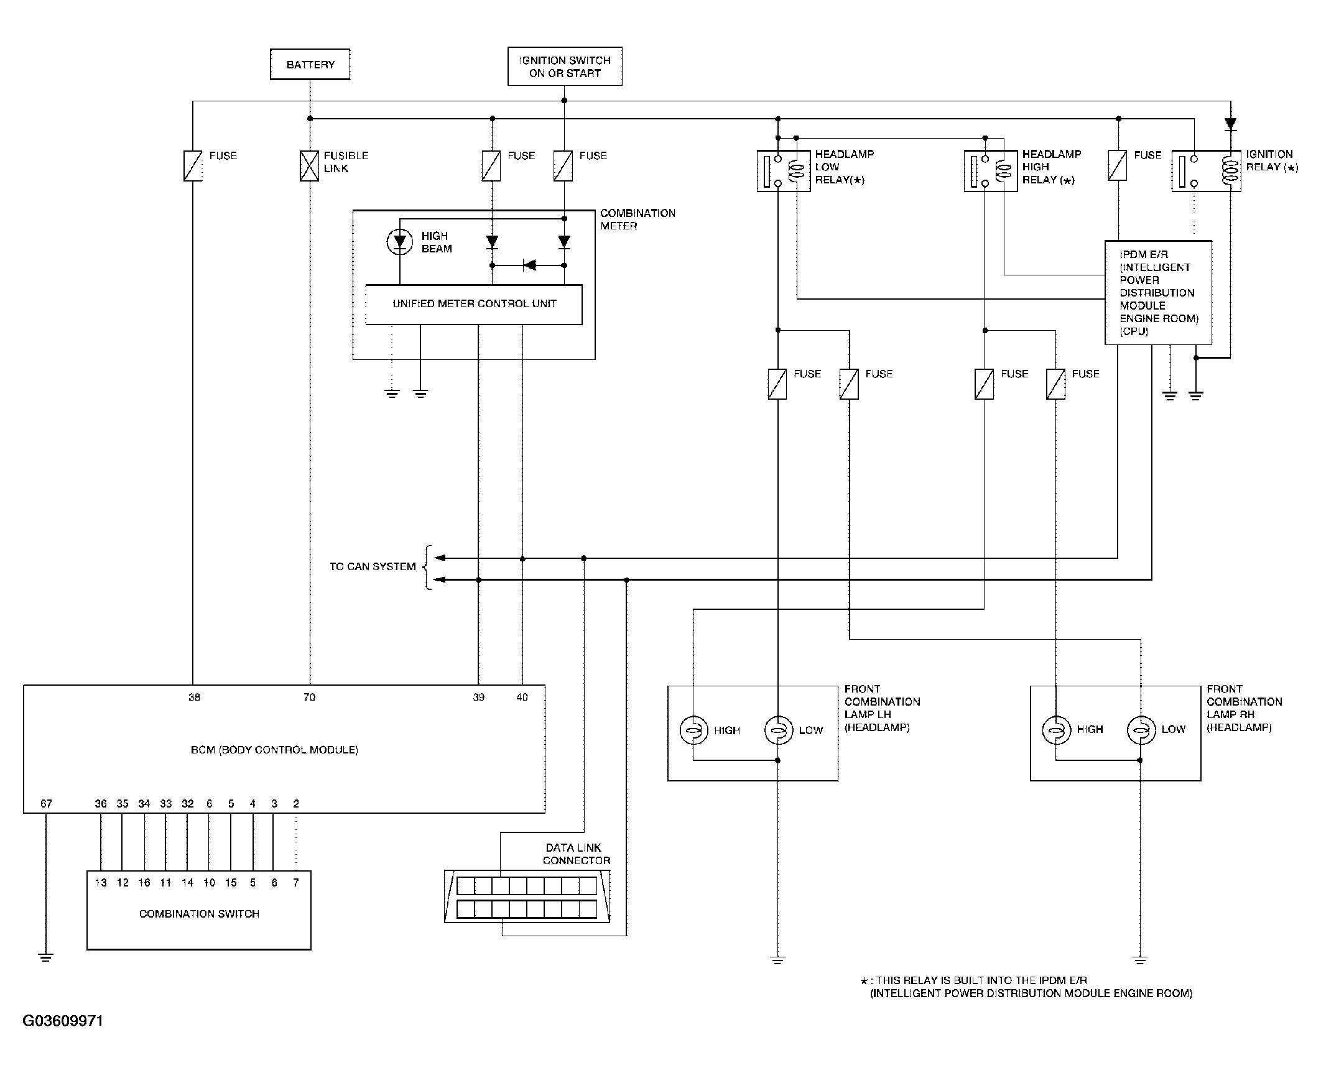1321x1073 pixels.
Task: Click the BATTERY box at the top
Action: pyautogui.click(x=310, y=65)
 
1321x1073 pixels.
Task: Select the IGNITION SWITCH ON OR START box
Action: pyautogui.click(x=565, y=67)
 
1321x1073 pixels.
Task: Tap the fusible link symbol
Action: pyautogui.click(x=309, y=166)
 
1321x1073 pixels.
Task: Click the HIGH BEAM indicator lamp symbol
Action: pyautogui.click(x=400, y=242)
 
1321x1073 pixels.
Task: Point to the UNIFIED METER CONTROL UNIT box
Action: pyautogui.click(x=474, y=305)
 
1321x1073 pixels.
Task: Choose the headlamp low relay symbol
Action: pyautogui.click(x=784, y=170)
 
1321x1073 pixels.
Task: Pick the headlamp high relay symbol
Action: pyautogui.click(x=991, y=170)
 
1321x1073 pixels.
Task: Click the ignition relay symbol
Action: pyautogui.click(x=1206, y=170)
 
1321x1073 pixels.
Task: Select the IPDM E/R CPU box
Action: pyautogui.click(x=1158, y=293)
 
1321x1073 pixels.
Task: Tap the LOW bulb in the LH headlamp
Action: pyautogui.click(x=778, y=730)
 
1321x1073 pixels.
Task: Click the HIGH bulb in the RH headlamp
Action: pyautogui.click(x=1056, y=730)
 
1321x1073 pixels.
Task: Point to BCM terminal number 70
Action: pyautogui.click(x=309, y=698)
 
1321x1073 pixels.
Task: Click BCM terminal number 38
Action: pyautogui.click(x=194, y=698)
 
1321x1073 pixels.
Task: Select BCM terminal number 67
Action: pyautogui.click(x=46, y=804)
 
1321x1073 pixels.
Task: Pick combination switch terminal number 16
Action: pyautogui.click(x=144, y=883)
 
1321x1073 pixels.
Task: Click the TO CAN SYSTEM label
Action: pyautogui.click(x=373, y=567)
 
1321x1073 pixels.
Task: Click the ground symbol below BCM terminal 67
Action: pyautogui.click(x=45, y=957)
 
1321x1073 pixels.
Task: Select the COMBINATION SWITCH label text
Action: pyautogui.click(x=199, y=914)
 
